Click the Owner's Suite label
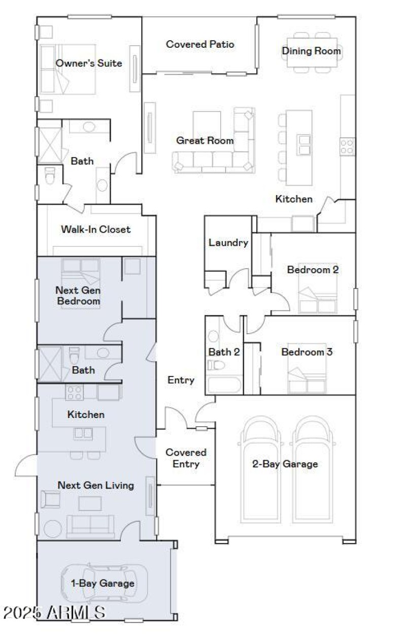tap(89, 63)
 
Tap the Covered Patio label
tap(200, 44)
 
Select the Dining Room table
tap(312, 51)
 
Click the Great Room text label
tap(205, 140)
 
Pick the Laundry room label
tap(228, 242)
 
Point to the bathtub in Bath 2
tap(224, 384)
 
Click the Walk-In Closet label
tap(95, 229)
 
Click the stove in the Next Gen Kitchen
tap(74, 392)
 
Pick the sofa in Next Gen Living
tap(90, 526)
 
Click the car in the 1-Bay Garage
tap(104, 583)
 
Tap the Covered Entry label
tap(186, 458)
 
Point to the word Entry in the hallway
tap(181, 380)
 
